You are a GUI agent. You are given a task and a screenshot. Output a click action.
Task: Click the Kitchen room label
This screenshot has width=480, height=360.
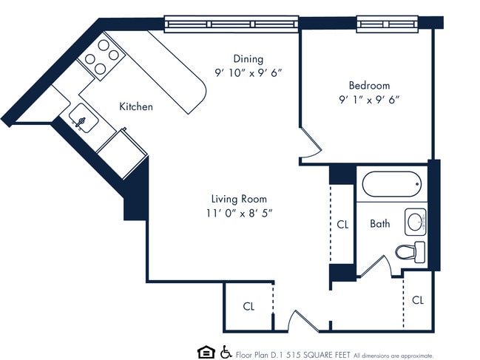click(136, 106)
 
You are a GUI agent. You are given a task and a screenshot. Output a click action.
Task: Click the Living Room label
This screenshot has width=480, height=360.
click(239, 199)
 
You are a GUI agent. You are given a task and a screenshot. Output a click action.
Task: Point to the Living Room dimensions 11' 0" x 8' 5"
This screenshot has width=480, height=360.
click(239, 213)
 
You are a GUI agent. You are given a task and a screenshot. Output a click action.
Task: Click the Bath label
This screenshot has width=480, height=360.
click(380, 223)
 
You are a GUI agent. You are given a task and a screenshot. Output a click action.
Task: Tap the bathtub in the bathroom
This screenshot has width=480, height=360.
click(391, 183)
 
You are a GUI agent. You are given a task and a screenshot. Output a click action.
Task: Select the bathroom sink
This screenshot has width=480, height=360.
click(415, 220)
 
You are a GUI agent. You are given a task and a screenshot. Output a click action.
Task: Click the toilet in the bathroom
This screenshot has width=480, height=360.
click(411, 251)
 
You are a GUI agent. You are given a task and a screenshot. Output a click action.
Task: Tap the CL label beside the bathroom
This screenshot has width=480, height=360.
click(342, 224)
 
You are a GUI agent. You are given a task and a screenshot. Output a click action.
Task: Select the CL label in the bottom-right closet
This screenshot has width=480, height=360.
click(418, 300)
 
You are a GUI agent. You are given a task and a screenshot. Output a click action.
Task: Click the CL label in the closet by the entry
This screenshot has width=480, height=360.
click(249, 306)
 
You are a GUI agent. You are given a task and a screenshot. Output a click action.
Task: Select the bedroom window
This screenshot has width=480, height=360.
click(390, 24)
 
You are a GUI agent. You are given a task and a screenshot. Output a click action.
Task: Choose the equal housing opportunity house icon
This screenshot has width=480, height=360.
click(205, 351)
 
